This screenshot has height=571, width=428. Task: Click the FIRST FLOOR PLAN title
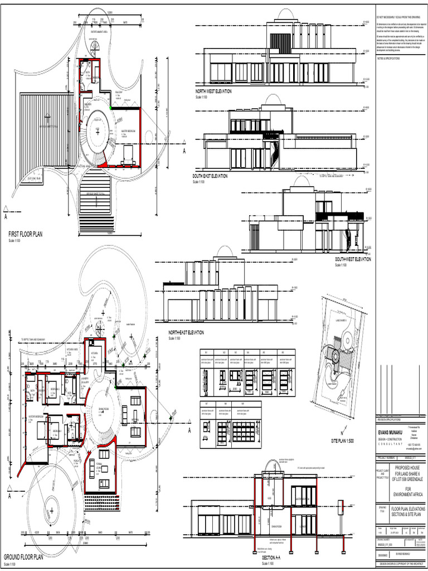point(25,234)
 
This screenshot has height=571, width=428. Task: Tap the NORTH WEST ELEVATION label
point(213,91)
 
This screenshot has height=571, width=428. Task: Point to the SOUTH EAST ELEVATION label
point(210,176)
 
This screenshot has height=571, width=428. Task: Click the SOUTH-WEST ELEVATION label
point(353,259)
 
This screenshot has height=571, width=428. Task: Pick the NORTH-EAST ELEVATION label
point(186,332)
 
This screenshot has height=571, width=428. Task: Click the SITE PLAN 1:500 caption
point(342,441)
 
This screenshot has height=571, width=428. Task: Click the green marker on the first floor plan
point(111,107)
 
